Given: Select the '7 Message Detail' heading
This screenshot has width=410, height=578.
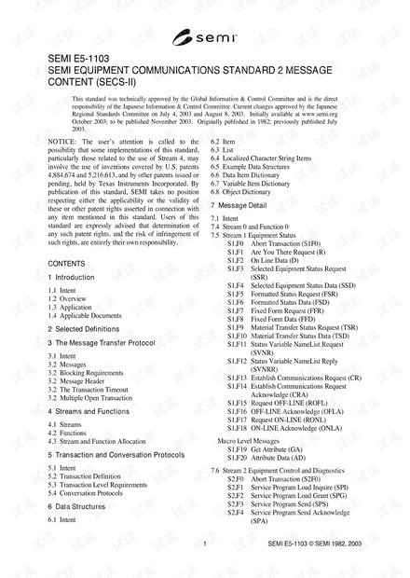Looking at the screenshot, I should (x=239, y=204).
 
